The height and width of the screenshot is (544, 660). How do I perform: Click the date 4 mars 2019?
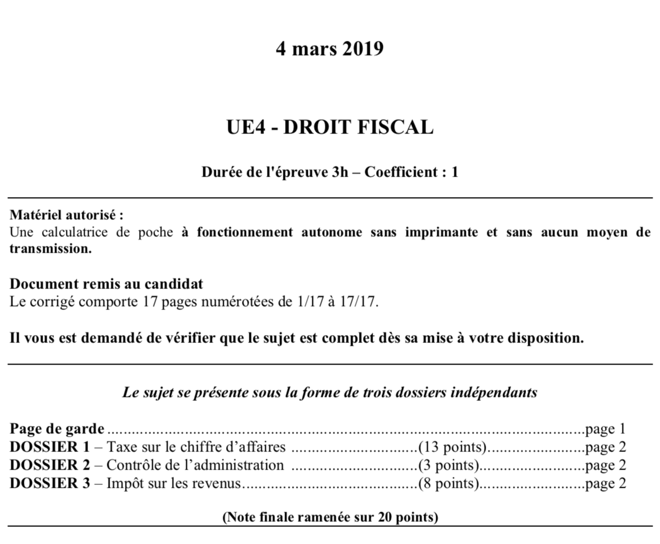click(329, 49)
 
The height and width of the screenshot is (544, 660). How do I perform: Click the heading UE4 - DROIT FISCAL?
click(329, 127)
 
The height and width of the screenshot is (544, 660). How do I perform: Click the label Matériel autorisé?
click(66, 216)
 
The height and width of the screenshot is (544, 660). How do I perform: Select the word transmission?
click(51, 249)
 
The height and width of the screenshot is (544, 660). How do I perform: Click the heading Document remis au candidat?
click(106, 283)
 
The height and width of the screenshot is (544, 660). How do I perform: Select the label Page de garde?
click(57, 429)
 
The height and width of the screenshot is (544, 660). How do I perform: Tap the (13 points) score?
click(453, 447)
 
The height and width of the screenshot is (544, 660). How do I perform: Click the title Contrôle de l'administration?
click(195, 465)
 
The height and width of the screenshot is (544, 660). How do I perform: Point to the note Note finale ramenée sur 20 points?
click(330, 517)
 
